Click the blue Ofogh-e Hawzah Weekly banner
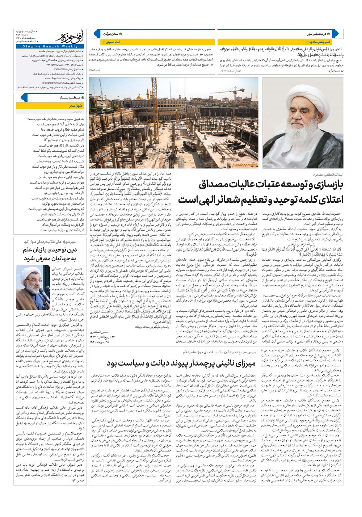68,46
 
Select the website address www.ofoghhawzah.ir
55,78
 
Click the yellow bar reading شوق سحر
51,106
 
